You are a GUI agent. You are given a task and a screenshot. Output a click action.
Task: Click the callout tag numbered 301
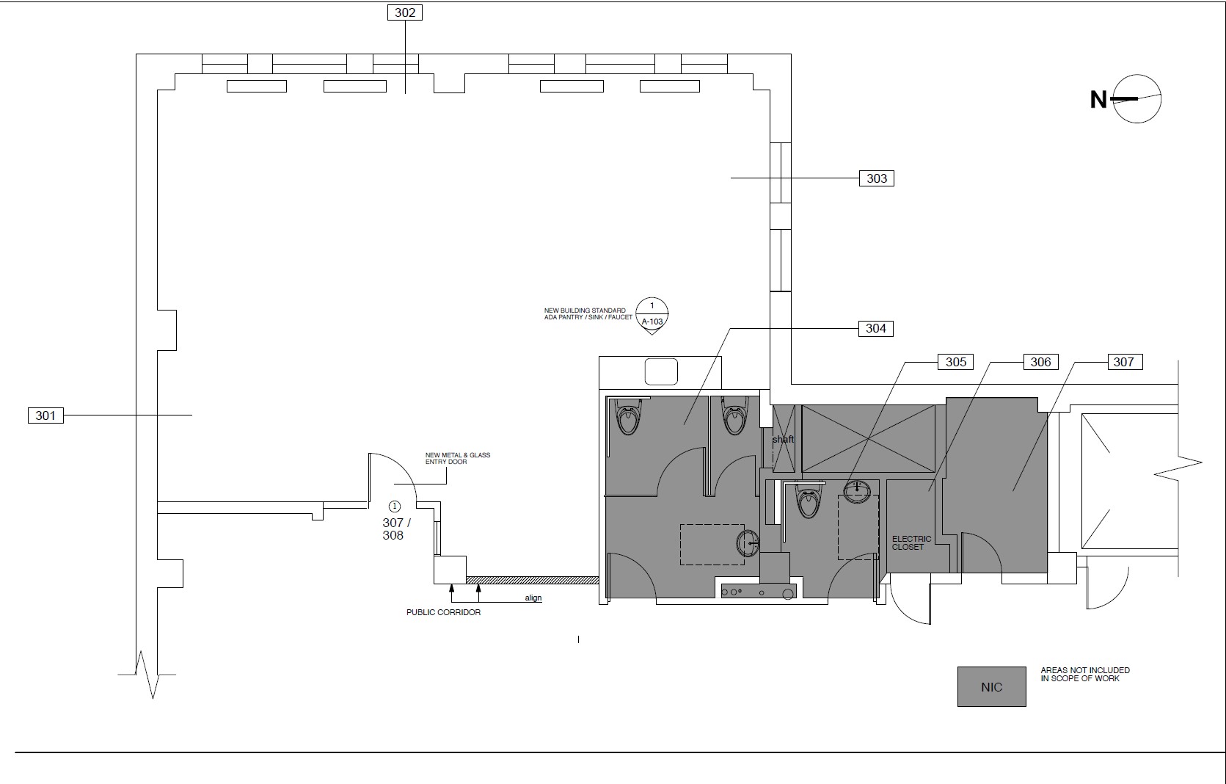tap(45, 415)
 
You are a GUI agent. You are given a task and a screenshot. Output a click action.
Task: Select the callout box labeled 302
tap(405, 12)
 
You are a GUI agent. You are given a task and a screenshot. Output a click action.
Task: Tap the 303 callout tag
tap(877, 178)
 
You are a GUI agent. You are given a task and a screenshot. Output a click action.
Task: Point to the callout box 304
tap(876, 328)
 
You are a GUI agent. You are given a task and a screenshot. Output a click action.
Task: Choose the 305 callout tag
tap(955, 362)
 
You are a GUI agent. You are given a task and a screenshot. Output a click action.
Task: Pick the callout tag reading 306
tap(1040, 362)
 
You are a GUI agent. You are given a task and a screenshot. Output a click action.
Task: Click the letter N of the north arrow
tap(1098, 100)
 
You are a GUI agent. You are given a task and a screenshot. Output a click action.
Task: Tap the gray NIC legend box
tap(992, 686)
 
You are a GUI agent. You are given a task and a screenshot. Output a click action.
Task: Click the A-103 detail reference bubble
tap(652, 316)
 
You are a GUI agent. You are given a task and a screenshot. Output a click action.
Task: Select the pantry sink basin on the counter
tap(661, 371)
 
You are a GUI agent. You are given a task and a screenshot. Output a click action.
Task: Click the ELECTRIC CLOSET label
tap(911, 543)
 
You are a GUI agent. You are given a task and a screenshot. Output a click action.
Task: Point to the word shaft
tap(784, 439)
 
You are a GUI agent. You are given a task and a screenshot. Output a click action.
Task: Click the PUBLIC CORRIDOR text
tap(443, 612)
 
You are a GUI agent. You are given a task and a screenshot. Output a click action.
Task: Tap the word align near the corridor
tap(533, 598)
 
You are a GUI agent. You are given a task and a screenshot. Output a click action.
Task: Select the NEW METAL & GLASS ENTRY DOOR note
tap(458, 458)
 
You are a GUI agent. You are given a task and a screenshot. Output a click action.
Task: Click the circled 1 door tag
tap(394, 507)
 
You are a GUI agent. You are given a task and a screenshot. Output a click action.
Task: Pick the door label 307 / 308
tap(396, 529)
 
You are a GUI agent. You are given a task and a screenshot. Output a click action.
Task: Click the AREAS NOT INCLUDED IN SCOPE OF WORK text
tap(1085, 674)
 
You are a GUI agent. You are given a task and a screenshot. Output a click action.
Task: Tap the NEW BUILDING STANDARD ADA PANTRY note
tap(588, 313)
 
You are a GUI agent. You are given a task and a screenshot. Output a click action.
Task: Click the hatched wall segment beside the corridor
tap(532, 581)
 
